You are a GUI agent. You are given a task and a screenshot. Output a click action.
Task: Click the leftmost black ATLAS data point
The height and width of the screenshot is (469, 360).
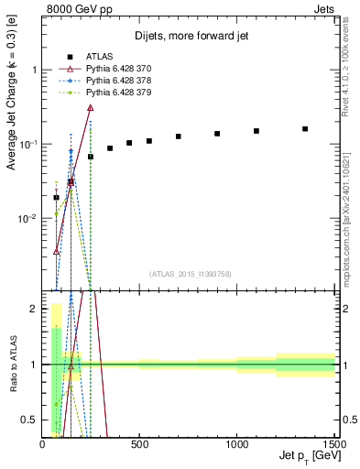[x=56, y=197]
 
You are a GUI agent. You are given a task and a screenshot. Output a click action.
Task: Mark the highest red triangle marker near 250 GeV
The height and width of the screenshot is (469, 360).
[x=90, y=107]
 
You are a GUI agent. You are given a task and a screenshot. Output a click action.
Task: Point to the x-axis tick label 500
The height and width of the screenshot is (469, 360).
[x=140, y=445]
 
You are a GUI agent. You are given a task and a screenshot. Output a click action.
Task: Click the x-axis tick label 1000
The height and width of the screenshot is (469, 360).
[x=237, y=445]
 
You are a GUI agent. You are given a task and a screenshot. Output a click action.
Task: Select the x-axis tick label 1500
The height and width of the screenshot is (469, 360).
[x=333, y=445]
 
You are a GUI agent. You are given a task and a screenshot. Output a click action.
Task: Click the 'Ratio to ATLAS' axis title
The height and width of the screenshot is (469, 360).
[x=13, y=365]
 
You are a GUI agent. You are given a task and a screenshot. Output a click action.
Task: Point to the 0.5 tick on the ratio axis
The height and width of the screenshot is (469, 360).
[x=32, y=420]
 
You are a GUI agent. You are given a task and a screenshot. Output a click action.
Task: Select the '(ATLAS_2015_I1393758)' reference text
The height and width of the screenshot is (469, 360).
[x=190, y=274]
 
